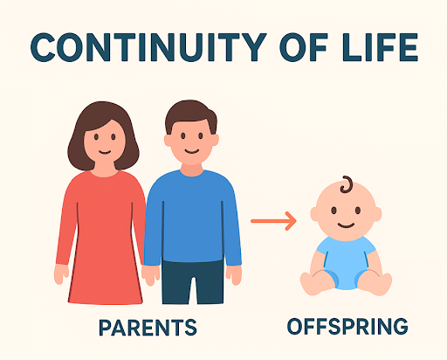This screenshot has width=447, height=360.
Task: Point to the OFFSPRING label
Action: [x=347, y=328]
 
